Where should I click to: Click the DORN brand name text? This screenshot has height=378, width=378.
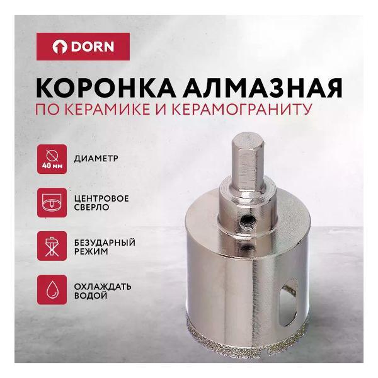coord(100,47)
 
